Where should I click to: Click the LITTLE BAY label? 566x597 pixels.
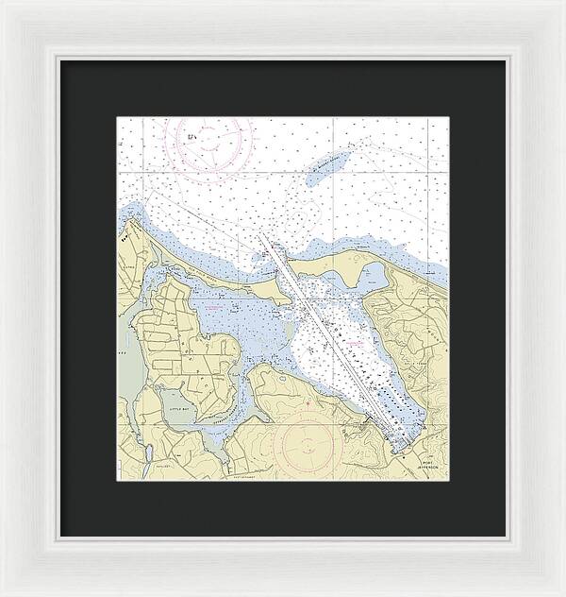click(x=176, y=401)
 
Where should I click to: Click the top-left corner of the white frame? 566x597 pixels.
click(x=4, y=4)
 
